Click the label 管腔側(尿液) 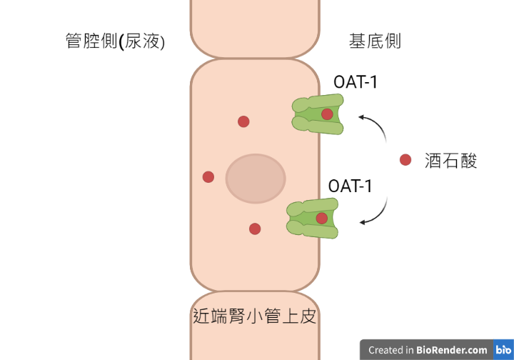(115, 41)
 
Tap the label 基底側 (375, 41)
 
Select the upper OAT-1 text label (356, 82)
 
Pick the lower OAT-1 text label (350, 186)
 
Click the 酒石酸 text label (450, 161)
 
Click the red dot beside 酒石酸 (405, 160)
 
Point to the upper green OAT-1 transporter (318, 114)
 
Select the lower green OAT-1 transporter (313, 219)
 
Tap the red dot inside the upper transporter (327, 114)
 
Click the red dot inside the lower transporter (322, 219)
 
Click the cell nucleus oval (256, 179)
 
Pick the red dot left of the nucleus (208, 177)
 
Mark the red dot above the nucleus (243, 121)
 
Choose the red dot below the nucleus (255, 229)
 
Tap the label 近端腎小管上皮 (254, 316)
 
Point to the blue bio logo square (503, 349)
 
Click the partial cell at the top (255, 28)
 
